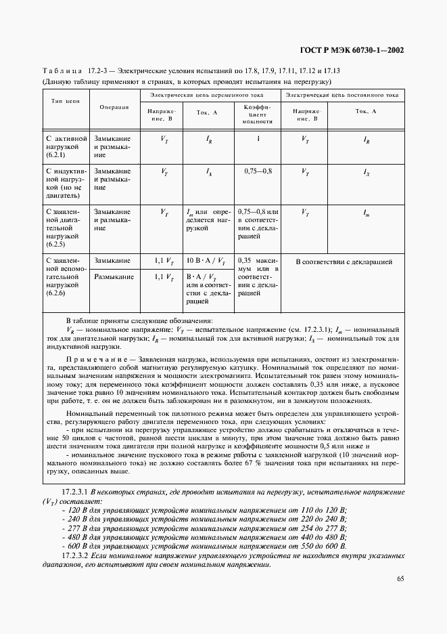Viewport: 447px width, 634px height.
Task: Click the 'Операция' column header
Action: (x=114, y=107)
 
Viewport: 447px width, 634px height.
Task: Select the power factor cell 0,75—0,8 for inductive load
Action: (x=257, y=172)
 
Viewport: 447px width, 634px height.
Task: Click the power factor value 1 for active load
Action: (x=257, y=140)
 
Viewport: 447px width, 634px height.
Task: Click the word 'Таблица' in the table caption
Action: (x=62, y=70)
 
